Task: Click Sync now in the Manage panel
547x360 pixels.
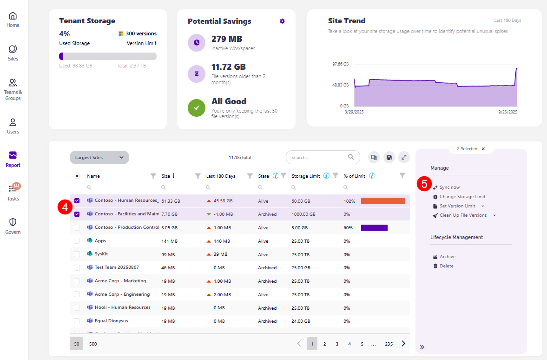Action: (449, 187)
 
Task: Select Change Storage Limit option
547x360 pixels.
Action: (462, 197)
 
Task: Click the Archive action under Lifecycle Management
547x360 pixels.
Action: (447, 257)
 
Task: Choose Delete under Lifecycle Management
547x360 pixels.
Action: (446, 266)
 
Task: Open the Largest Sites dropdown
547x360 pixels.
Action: (99, 157)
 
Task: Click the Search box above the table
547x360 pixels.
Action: (318, 157)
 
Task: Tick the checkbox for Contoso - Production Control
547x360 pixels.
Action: (77, 227)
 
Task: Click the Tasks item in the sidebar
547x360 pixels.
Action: (13, 193)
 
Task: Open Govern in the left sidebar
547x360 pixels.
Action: (13, 226)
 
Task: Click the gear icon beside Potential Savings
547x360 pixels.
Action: (282, 21)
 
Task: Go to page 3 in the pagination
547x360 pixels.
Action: (337, 344)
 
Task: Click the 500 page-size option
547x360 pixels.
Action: (93, 344)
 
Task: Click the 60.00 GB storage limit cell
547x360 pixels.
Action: (300, 201)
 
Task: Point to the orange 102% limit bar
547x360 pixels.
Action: (383, 201)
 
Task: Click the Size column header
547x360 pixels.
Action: (166, 176)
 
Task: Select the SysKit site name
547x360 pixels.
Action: (101, 254)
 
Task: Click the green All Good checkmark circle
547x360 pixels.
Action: (197, 107)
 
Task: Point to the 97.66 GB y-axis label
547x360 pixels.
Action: (340, 64)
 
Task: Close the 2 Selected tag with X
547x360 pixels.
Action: (483, 149)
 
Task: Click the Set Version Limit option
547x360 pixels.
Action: (457, 206)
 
